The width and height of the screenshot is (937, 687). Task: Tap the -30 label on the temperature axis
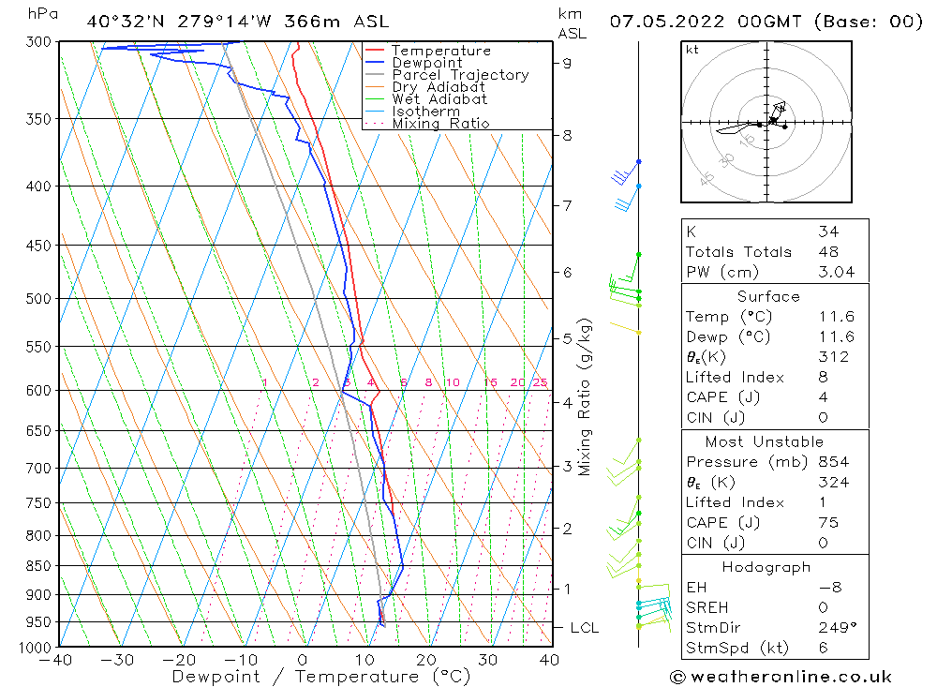coord(118,660)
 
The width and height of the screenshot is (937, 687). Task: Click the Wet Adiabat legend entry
coord(439,99)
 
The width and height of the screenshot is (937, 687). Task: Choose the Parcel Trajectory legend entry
coord(460,75)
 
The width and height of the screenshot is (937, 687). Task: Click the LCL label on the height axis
coord(584,627)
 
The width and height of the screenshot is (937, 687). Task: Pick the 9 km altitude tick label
coord(568,63)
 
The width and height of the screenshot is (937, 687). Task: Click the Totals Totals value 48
coord(828,252)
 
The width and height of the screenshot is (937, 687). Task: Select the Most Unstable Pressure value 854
coord(833,462)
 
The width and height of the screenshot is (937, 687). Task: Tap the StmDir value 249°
coord(832,628)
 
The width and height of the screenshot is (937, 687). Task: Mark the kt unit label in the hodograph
coord(692,51)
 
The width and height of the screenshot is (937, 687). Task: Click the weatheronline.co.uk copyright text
coord(780,676)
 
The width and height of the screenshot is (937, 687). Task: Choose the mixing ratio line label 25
coord(540,382)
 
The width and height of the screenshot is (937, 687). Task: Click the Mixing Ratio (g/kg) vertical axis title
coord(586,397)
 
